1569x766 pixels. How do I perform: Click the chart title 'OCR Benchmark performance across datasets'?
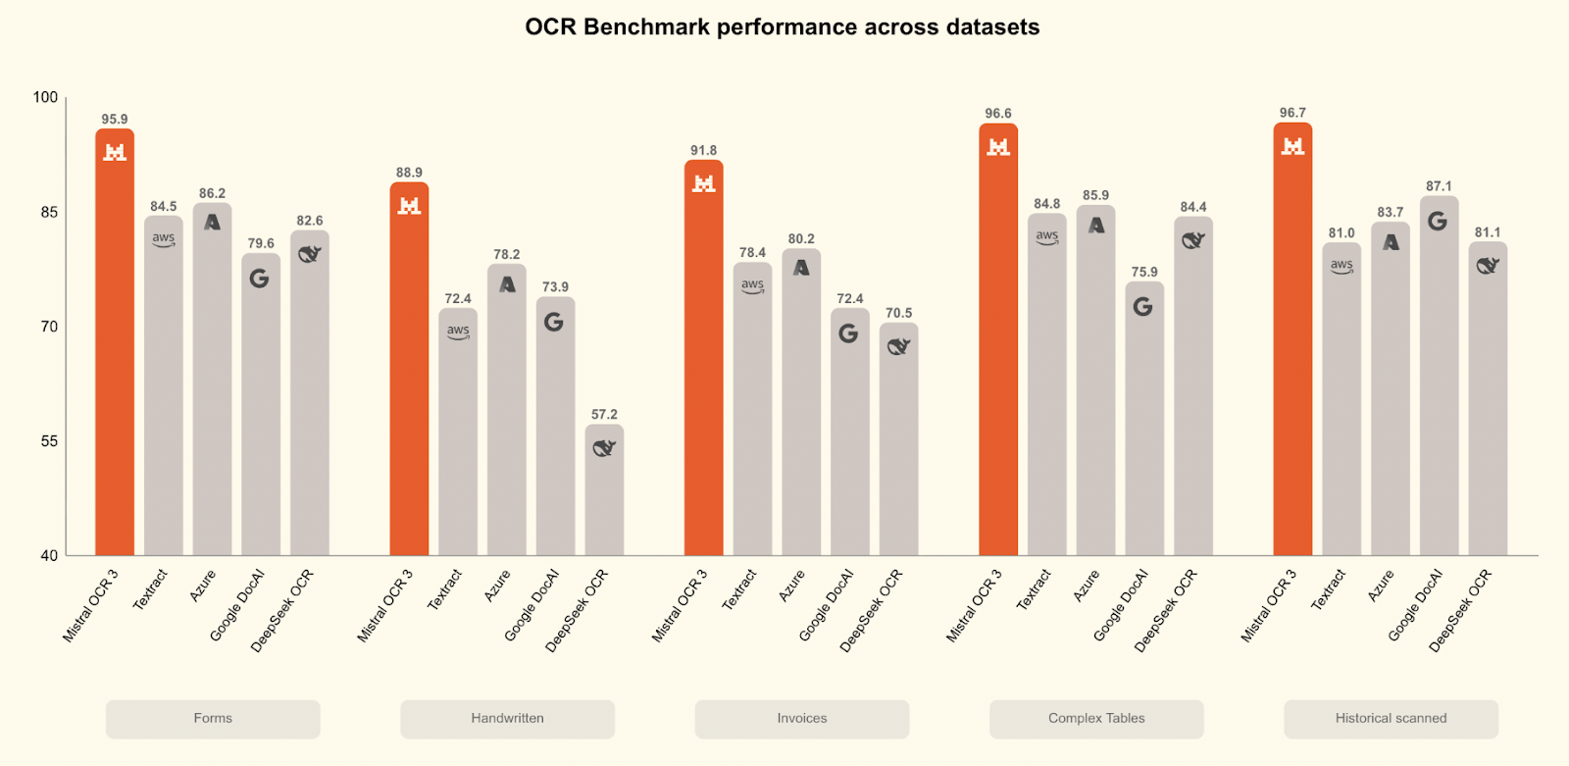782,27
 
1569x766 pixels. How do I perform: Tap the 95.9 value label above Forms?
115,120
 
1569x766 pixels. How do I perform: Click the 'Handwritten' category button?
507,718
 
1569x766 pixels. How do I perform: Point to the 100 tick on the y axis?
45,97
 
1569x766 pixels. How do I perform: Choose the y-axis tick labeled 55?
49,441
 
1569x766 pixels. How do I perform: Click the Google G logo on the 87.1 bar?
1438,221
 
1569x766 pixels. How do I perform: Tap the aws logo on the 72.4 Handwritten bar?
458,332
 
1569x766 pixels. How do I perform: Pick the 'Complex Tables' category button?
1096,718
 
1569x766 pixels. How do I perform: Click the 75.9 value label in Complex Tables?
1144,272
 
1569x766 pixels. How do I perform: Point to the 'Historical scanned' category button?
1391,718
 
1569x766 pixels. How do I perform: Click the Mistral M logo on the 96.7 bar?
1292,146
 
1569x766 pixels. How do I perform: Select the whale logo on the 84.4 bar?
1193,240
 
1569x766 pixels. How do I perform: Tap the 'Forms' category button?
213,718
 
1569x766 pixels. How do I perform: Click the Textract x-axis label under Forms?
151,589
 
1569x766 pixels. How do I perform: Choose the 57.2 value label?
604,415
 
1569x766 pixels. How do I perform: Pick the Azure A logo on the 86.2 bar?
212,223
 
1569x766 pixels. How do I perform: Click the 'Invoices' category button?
801,718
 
